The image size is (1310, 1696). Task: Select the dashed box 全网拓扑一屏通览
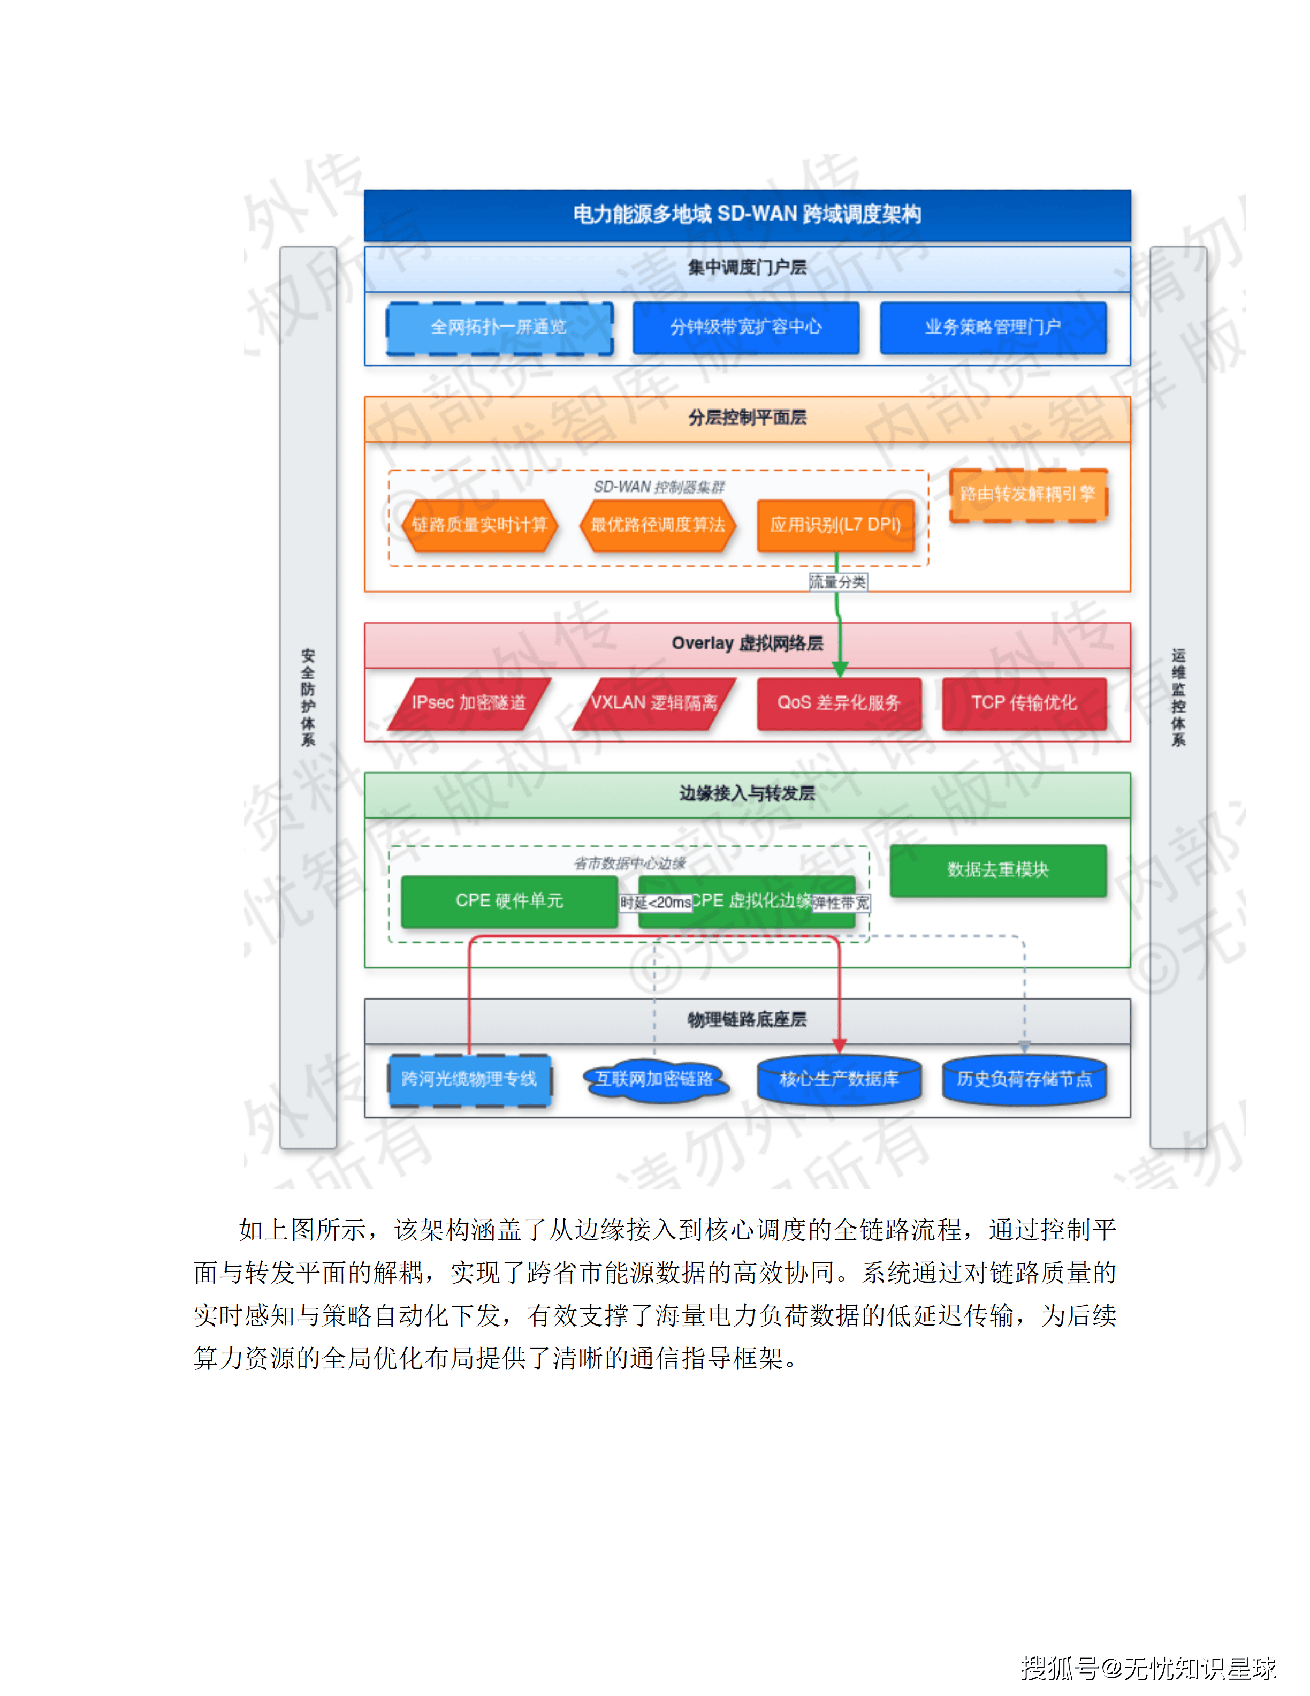[499, 327]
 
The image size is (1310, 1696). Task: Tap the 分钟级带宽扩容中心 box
[746, 327]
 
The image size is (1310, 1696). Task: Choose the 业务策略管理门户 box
[993, 327]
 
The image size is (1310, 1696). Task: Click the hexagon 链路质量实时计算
[479, 525]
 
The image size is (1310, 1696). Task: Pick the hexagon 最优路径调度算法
[657, 525]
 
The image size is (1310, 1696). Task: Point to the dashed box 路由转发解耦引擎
[1027, 494]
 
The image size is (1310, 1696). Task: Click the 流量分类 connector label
[837, 581]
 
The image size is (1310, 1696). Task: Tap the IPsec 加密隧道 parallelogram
[469, 703]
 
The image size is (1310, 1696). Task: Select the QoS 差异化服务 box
[839, 703]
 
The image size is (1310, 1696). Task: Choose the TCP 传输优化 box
[1024, 703]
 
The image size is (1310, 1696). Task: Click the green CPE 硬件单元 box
[509, 901]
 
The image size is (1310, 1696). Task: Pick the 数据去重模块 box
[997, 870]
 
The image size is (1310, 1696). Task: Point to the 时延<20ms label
[655, 903]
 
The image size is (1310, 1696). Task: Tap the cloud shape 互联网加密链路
[654, 1079]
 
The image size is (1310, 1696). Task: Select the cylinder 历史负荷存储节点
[1024, 1079]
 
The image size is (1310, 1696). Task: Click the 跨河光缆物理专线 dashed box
[469, 1079]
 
